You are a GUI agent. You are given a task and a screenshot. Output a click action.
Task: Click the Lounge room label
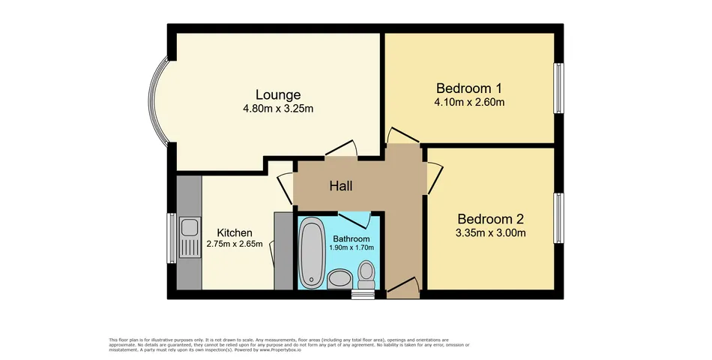point(278,94)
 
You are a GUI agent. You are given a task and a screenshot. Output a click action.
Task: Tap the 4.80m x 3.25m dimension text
point(278,109)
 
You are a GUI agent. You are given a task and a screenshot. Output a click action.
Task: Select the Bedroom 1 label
point(469,88)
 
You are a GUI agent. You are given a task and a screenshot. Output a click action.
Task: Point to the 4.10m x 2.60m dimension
point(469,102)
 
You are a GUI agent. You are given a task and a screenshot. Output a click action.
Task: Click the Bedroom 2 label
point(490,219)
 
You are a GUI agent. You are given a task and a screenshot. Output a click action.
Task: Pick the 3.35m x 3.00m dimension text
point(490,233)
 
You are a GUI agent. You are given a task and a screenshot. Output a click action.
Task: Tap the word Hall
point(341,186)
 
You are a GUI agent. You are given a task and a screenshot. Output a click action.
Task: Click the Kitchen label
point(235,232)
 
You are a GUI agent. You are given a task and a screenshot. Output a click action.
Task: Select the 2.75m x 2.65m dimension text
point(235,244)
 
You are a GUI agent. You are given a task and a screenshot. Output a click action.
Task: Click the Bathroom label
point(352,238)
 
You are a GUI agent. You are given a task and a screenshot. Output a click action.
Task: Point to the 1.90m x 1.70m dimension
point(352,247)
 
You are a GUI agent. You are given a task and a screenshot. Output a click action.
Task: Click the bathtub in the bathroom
point(311,252)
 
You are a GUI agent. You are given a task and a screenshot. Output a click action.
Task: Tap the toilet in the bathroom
point(366,274)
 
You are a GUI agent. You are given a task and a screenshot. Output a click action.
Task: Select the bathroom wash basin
point(340,279)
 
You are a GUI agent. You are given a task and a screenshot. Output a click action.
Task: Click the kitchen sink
point(190,237)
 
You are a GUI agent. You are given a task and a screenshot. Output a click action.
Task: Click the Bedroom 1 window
point(558,88)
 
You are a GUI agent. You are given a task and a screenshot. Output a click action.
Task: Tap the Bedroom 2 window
point(558,218)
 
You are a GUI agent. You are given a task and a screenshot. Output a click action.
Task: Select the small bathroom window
point(363,295)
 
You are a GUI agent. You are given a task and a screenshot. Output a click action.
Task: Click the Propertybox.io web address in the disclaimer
point(280,350)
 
